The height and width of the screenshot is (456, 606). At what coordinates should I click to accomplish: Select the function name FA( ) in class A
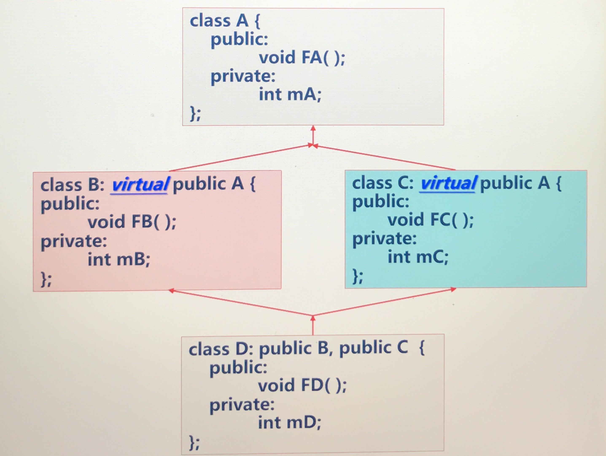tap(323, 58)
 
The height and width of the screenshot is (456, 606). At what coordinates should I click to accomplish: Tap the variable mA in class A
tap(304, 94)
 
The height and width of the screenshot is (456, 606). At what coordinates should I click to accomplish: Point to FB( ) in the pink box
tap(154, 222)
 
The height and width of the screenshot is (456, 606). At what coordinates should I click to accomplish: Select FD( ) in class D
tap(323, 385)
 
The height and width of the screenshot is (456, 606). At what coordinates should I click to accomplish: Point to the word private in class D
tap(242, 405)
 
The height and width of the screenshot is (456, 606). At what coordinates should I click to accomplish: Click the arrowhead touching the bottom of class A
tap(313, 128)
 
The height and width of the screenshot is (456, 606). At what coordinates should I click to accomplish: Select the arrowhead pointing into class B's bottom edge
tap(171, 291)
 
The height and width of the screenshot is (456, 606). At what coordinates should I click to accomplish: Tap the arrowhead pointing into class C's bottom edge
tap(453, 289)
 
